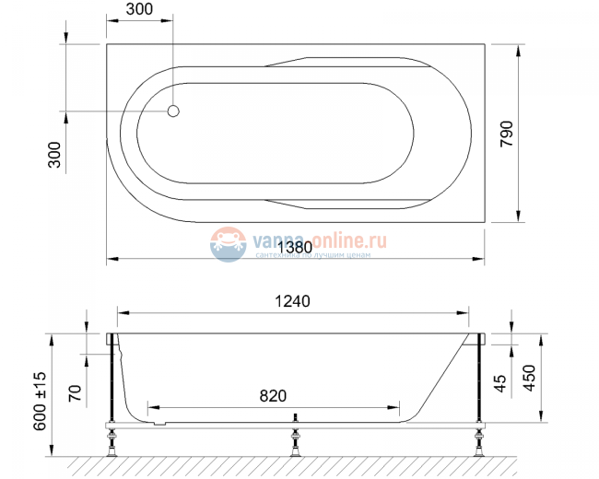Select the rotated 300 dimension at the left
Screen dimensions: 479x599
point(53,154)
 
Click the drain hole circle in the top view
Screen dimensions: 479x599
point(172,111)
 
